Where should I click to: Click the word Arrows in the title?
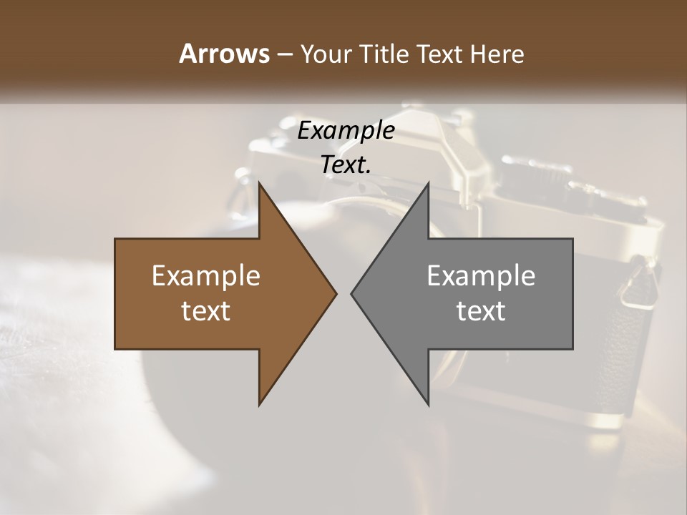coord(224,54)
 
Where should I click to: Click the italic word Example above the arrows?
coord(346,131)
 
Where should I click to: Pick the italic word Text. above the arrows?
coord(346,165)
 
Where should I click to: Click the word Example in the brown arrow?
coord(206,276)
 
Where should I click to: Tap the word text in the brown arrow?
coord(206,311)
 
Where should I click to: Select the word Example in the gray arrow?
coord(481,276)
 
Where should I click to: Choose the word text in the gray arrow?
coord(481,311)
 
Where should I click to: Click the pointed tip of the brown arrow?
coord(336,294)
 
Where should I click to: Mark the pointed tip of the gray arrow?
coord(352,294)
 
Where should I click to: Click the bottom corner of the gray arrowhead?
coord(428,405)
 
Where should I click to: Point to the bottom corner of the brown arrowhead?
coord(260,405)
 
